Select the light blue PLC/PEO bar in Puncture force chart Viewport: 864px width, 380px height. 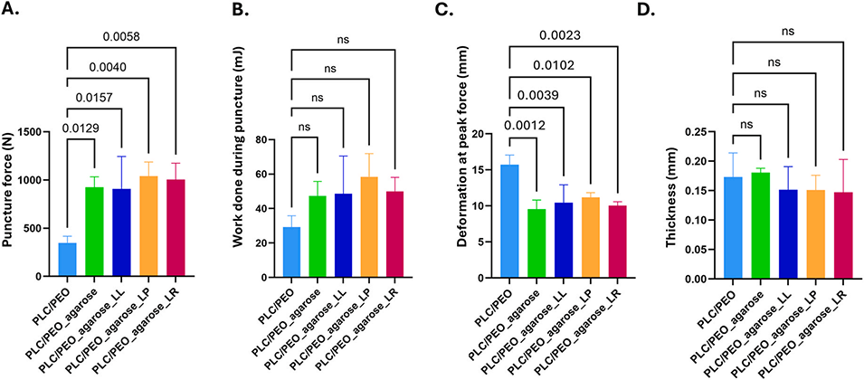click(x=65, y=260)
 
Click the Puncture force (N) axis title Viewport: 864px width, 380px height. click(x=10, y=204)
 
